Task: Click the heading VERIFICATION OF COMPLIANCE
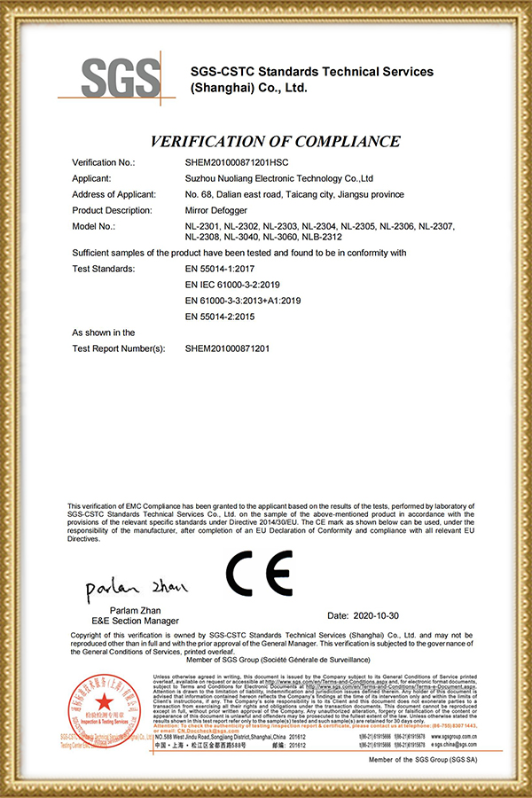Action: (275, 141)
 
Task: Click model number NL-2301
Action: (203, 226)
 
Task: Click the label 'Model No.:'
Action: (93, 226)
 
